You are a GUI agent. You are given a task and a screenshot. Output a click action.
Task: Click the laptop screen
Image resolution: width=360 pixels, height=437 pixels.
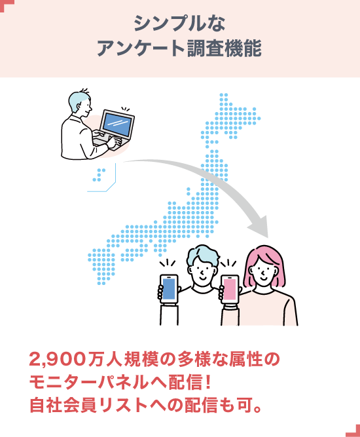(x=117, y=123)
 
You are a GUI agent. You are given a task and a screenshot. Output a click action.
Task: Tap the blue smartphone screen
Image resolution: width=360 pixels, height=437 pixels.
(x=169, y=289)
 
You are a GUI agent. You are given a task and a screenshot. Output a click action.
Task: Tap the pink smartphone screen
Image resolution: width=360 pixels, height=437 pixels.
(x=230, y=290)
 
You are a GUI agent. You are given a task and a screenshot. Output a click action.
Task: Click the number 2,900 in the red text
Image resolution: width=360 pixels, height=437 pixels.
(x=58, y=360)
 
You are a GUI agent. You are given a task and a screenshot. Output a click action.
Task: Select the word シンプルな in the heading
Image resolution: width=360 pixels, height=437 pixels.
(x=179, y=24)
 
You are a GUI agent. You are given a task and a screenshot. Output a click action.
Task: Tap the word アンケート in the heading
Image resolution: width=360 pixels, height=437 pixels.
(x=140, y=48)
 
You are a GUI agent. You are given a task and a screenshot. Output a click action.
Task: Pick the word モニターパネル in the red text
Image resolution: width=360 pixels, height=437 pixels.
(x=89, y=383)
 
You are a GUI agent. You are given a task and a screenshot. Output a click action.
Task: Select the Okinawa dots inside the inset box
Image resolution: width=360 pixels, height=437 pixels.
(x=99, y=175)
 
